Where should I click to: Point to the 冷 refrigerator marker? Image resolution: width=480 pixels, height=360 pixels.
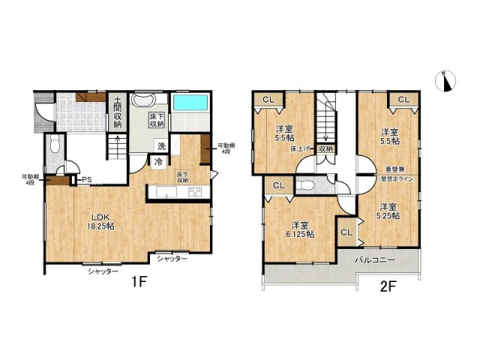[159, 160]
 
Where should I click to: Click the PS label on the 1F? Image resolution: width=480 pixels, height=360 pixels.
[87, 179]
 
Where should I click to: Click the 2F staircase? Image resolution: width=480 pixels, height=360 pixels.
[327, 120]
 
